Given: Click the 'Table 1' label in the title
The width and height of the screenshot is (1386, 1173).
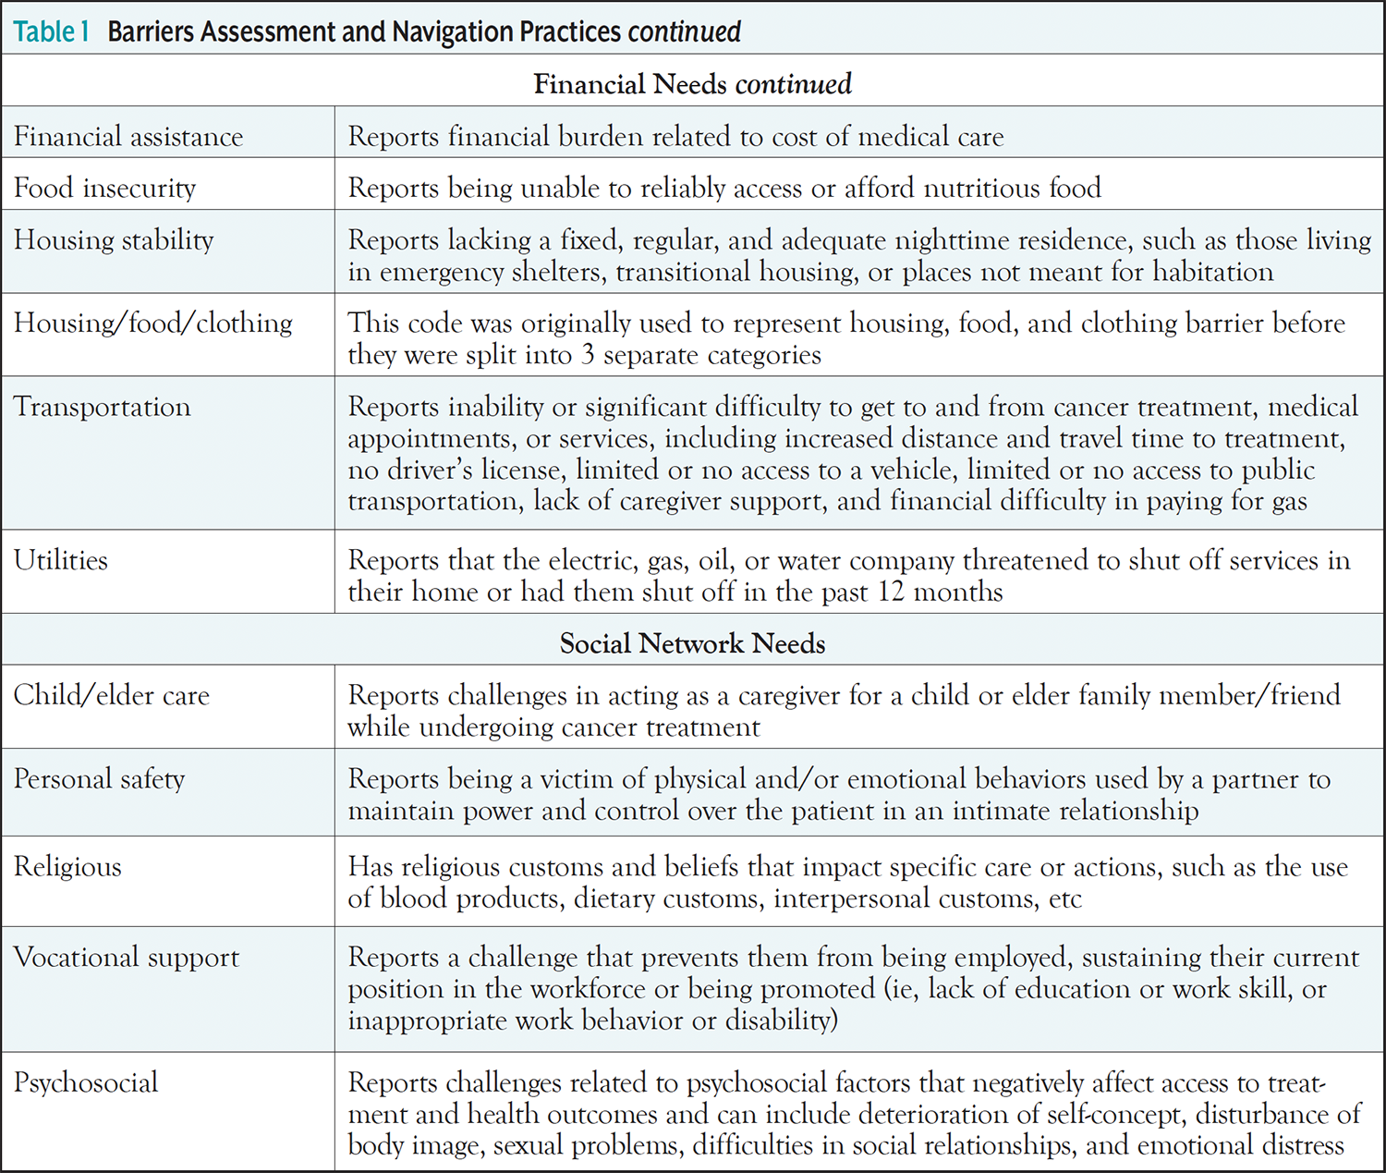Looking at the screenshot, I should [51, 31].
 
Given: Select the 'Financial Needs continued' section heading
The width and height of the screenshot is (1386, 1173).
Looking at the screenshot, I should [692, 84].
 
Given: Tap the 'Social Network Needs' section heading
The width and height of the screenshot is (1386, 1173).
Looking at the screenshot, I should [692, 643].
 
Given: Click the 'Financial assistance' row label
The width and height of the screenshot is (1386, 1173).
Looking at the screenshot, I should [128, 137].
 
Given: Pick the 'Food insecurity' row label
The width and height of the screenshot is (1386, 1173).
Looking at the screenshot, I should [104, 189].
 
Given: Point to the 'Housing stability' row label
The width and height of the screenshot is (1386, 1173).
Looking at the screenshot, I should [114, 240].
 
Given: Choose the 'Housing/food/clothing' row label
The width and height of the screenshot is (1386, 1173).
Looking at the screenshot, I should [152, 323].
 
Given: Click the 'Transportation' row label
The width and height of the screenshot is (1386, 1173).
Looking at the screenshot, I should [102, 407].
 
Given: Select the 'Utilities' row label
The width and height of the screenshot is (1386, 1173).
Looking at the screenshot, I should [61, 560].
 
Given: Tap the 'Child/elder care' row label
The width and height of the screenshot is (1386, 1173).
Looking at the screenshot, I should [112, 695].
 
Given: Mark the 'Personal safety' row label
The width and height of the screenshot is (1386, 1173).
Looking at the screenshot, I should [99, 779].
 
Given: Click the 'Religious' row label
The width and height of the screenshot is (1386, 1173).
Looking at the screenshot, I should [67, 867].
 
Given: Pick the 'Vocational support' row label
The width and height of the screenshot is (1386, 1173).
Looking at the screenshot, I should [127, 958].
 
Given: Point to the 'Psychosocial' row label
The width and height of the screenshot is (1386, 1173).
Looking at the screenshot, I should [86, 1082].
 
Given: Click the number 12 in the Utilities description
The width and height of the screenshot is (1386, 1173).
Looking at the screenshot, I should [891, 592].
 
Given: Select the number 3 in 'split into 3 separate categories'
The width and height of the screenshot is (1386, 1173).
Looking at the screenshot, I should [588, 355].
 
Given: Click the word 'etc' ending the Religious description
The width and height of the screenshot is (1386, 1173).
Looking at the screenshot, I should [1065, 898].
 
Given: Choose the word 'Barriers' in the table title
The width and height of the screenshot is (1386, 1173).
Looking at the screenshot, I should [152, 31].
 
